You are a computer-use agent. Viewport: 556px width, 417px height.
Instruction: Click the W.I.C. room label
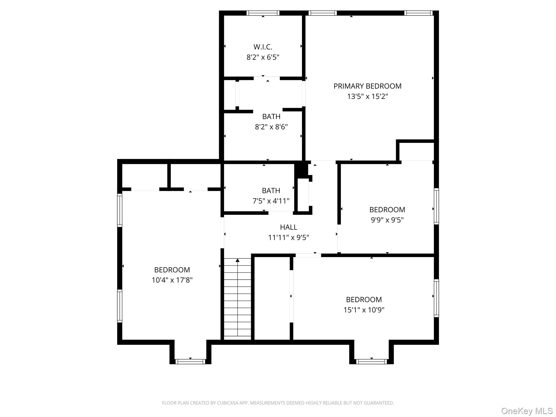(263, 47)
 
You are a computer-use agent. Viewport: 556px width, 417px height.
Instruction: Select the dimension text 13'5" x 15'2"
(367, 96)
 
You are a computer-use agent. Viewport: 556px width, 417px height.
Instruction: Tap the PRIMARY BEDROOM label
(367, 86)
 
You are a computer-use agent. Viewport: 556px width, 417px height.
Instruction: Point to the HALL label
(288, 227)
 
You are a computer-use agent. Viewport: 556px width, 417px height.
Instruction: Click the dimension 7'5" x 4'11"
(271, 201)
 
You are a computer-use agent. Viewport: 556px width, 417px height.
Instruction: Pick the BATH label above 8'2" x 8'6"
(271, 116)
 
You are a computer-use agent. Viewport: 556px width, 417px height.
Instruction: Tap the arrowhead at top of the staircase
(238, 260)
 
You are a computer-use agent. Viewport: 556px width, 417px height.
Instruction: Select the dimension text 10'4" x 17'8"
(172, 280)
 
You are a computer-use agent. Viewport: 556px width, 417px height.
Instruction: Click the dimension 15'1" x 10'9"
(364, 310)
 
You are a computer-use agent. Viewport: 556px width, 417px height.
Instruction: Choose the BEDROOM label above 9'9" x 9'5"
(387, 210)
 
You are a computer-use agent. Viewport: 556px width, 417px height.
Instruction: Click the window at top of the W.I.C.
(263, 13)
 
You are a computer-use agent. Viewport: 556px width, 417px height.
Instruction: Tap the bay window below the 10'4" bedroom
(190, 361)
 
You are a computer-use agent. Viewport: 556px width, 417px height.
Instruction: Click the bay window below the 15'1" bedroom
(371, 361)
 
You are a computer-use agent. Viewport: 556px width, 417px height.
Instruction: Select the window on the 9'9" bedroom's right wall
(436, 206)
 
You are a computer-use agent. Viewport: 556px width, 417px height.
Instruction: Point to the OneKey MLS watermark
(527, 411)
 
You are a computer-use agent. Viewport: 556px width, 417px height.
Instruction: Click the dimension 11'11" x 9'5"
(288, 238)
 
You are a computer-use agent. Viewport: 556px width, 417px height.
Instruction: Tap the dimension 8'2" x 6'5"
(263, 57)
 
